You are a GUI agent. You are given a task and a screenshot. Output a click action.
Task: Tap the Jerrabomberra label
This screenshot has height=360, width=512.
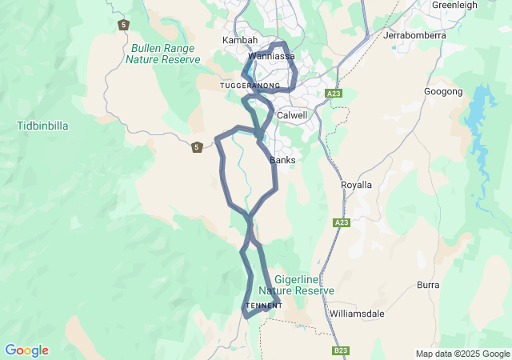[x=413, y=35]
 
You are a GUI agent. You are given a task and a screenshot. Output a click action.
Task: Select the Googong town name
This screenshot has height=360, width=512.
[x=443, y=92]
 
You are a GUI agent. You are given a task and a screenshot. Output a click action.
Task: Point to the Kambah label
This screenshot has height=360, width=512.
[x=240, y=40]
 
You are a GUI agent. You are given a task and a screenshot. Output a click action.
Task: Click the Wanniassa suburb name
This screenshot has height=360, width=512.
[x=272, y=57]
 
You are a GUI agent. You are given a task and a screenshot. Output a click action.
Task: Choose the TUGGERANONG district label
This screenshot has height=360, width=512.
[x=250, y=85]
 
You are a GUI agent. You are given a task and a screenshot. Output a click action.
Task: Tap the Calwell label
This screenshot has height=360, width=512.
[x=292, y=115]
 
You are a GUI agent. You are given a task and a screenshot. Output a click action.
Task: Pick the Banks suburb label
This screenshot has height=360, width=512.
[x=282, y=160]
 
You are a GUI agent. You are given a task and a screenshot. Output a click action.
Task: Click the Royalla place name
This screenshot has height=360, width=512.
[x=357, y=185]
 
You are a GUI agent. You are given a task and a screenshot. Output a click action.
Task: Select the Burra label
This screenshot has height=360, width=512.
[x=428, y=285]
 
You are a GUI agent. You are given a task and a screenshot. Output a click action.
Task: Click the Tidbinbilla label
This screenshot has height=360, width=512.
[x=42, y=126]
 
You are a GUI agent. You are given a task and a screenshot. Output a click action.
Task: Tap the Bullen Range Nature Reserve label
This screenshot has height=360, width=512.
[x=162, y=54]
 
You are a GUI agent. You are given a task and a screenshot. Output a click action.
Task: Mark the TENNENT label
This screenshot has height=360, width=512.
[x=264, y=306]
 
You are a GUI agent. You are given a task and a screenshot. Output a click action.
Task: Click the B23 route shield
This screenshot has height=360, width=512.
[x=341, y=350]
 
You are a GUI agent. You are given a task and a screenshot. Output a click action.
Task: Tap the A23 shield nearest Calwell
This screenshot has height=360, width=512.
[x=334, y=94]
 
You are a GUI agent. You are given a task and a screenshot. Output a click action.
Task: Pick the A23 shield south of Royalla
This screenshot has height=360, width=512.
[x=342, y=222]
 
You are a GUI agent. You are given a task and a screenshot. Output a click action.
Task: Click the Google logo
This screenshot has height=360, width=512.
[x=26, y=350]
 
